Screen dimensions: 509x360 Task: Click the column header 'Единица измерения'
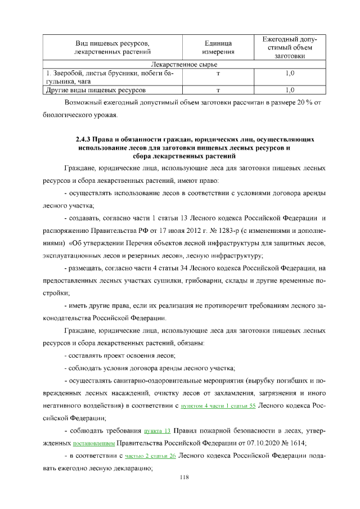(218, 48)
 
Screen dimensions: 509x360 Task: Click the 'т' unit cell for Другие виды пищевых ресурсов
(218, 89)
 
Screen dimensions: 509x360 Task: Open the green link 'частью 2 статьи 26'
(150, 456)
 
